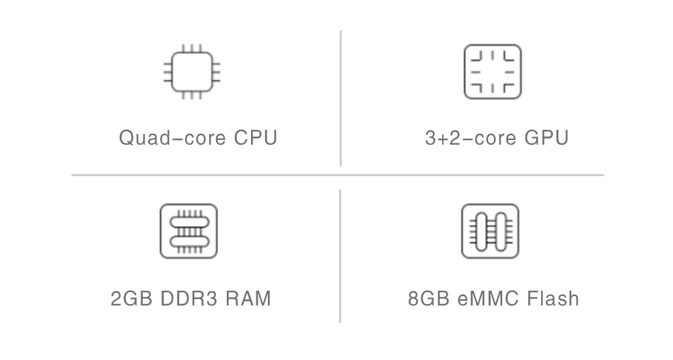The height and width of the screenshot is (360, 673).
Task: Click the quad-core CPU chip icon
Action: [192, 71]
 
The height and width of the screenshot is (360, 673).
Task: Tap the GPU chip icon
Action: [493, 71]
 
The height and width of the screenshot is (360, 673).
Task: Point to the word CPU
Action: [256, 138]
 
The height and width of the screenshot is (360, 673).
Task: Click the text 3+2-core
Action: [470, 138]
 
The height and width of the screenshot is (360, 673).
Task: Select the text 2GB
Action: [132, 298]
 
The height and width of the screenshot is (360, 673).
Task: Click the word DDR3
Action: [189, 298]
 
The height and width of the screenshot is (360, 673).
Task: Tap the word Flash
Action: [554, 298]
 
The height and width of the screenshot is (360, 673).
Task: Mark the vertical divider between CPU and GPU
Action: [341, 98]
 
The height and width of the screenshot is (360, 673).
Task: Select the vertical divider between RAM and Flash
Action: [340, 256]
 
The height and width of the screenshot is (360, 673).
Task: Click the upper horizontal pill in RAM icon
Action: [188, 222]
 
